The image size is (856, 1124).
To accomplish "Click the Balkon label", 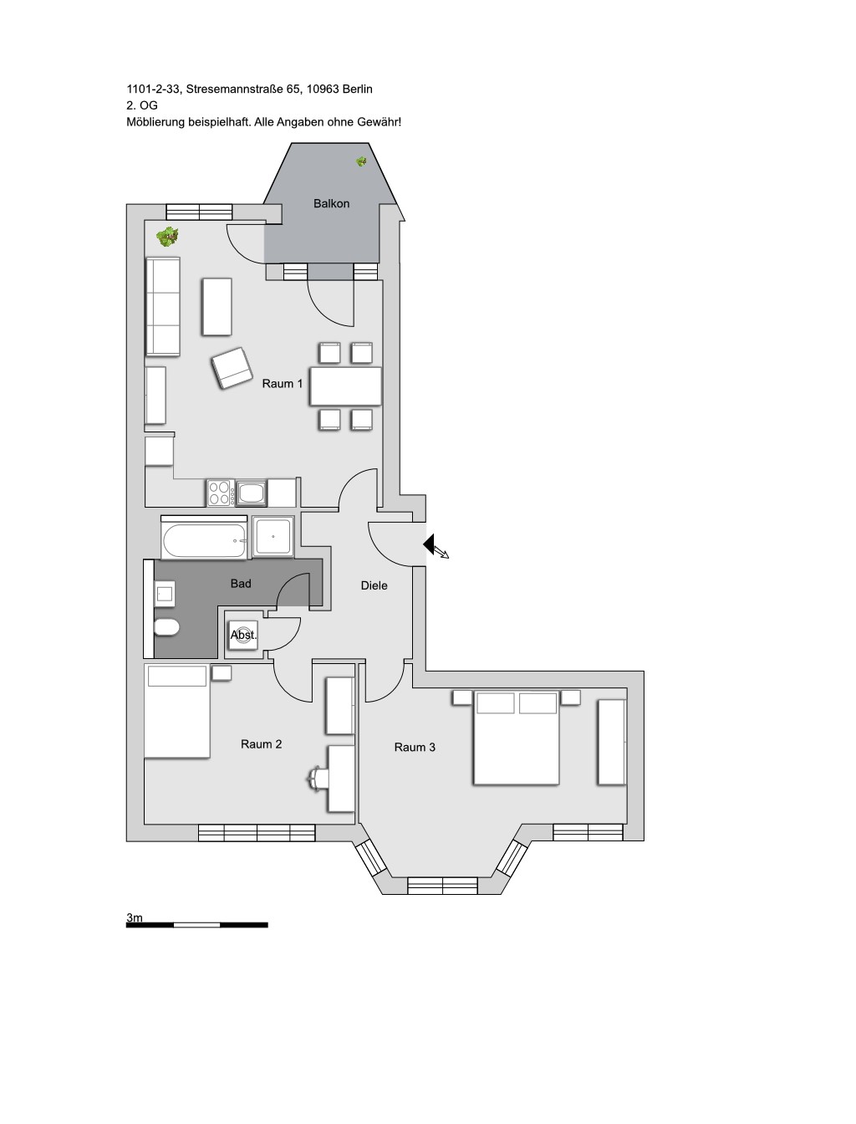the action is point(331,203).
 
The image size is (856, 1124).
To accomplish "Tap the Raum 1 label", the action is point(282,383).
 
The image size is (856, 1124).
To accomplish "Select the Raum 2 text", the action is point(261,743).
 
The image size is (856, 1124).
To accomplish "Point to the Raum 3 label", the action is point(415,747).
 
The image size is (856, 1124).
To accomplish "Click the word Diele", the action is point(374,585).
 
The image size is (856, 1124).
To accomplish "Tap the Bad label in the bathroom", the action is point(241,583).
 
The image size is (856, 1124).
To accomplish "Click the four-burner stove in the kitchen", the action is point(221,492).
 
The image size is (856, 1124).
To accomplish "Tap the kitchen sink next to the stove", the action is point(251,492).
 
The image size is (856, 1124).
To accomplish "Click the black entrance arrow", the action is point(429,544).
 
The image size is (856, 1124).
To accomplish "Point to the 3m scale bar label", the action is point(135,917).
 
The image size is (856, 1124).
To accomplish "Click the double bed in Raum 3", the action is point(516,738).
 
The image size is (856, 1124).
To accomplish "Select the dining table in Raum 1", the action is point(345,386).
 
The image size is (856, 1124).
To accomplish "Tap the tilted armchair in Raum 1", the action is point(232,367).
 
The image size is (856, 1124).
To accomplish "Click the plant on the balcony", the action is point(361,161).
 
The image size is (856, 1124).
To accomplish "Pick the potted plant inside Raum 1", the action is point(167,237).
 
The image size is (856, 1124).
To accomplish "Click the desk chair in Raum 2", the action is point(317,779).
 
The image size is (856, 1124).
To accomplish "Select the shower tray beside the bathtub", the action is point(273,537).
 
